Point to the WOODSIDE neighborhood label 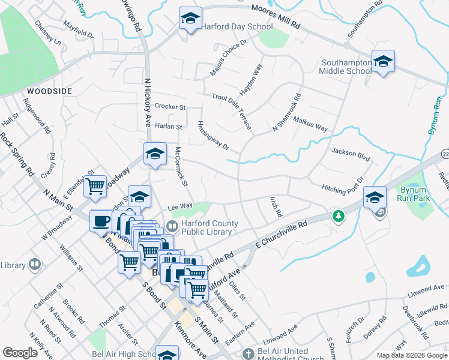pos(49,91)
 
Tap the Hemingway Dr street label pos(214,135)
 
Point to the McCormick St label pos(181,166)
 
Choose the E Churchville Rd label pos(281,233)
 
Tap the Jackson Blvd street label pos(350,154)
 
